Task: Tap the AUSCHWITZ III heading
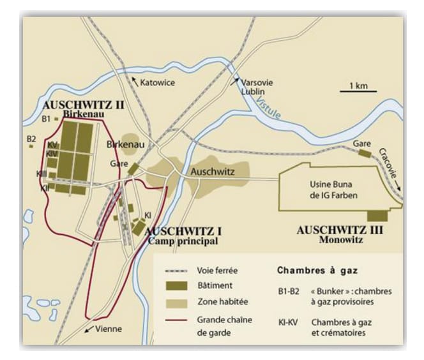[x=340, y=230]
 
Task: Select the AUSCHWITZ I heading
[x=182, y=232]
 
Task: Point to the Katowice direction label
[x=158, y=82]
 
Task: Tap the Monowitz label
[x=340, y=241]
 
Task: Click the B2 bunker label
[x=31, y=139]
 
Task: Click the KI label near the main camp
[x=148, y=215]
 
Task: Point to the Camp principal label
[x=182, y=242]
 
